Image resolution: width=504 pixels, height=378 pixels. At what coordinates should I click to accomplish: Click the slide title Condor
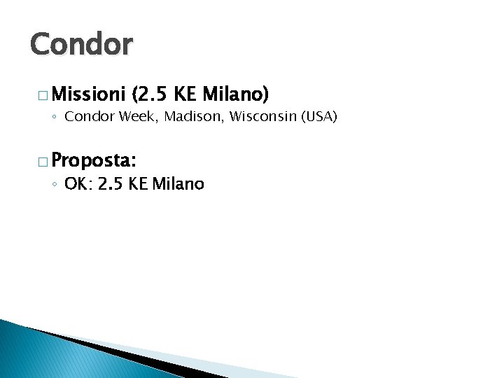80,45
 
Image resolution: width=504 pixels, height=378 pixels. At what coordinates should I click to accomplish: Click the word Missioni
87,93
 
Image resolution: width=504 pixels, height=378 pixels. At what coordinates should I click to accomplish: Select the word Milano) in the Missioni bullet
236,93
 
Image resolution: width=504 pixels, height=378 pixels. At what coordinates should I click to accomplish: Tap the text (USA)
318,116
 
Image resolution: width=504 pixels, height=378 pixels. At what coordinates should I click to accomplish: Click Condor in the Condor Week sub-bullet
90,116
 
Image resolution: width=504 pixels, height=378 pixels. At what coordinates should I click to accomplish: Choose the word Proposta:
93,160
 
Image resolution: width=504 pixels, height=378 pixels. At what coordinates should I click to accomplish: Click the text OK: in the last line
78,184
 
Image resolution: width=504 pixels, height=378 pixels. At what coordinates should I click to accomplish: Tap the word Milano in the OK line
178,184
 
